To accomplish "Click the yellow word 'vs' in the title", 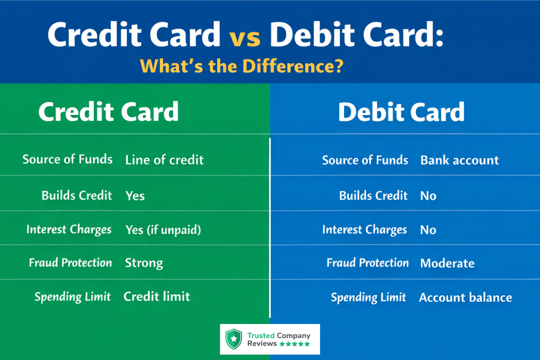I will click(x=245, y=37).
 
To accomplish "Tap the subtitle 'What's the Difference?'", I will click(x=242, y=66).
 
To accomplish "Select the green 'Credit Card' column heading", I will click(x=108, y=112).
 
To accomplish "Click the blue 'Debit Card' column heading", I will click(x=401, y=112).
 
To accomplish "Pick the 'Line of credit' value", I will click(x=165, y=159).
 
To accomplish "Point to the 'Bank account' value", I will click(x=460, y=160).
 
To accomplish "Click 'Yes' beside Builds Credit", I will click(x=135, y=196).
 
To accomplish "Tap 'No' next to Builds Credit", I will click(x=428, y=196).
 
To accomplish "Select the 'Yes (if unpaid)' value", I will click(x=163, y=230).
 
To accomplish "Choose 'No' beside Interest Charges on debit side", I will click(x=428, y=230).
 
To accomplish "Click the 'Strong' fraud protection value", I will click(x=144, y=263).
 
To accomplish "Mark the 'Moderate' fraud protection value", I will click(x=447, y=264).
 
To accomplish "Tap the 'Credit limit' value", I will click(x=157, y=296).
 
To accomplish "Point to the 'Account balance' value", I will click(x=465, y=298).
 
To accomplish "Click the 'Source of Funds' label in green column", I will click(x=68, y=159).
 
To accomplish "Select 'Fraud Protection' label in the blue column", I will click(x=368, y=263).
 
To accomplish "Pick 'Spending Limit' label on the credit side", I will click(x=73, y=297).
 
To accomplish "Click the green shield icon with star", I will click(x=234, y=339).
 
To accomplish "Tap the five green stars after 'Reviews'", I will click(x=294, y=344).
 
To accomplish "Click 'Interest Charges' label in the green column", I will click(x=69, y=230).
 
